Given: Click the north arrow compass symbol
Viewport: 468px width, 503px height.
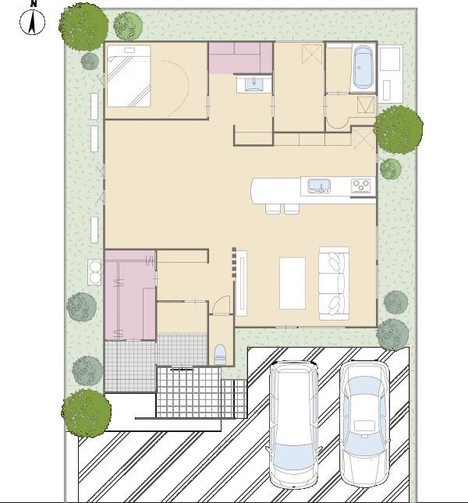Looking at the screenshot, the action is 33,21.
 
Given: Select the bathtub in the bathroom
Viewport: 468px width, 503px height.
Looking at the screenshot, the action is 363,67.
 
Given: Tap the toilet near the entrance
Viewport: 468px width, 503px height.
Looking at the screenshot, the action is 220,355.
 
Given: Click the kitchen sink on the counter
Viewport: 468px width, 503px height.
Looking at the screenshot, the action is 319,186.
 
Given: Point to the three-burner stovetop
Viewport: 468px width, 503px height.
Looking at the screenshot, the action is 361,186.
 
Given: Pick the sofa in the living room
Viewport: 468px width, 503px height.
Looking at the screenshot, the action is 334,284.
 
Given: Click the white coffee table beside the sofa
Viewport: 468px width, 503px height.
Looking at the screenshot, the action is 292,283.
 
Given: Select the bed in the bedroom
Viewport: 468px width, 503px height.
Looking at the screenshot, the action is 129,76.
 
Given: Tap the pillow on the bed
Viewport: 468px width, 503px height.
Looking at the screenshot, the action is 129,51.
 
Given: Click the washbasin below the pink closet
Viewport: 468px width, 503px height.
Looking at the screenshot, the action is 253,84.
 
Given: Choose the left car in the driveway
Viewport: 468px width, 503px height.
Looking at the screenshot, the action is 293,424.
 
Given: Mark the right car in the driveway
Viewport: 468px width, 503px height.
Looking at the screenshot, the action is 365,423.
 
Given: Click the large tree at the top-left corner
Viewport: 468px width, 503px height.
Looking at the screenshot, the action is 83,27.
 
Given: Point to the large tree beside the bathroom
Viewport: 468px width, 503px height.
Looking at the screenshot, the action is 398,129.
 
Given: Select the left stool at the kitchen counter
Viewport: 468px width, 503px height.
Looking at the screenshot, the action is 273,208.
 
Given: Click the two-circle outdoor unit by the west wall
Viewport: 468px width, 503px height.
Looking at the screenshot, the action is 94,272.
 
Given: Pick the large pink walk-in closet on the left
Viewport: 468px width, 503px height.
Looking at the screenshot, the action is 130,295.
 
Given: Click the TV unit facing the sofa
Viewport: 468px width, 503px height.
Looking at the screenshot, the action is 242,283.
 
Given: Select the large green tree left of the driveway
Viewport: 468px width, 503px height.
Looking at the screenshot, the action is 87,413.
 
